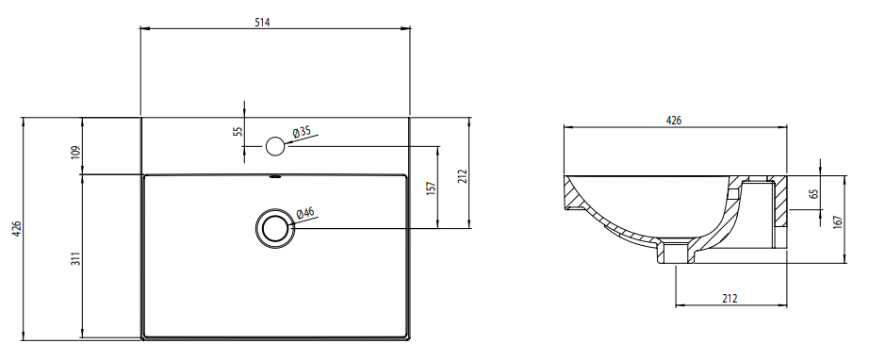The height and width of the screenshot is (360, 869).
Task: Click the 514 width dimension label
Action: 263,23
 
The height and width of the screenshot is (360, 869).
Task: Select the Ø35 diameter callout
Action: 302,132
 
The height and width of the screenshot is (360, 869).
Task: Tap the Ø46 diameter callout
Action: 305,213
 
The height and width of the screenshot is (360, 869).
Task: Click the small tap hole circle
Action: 275,146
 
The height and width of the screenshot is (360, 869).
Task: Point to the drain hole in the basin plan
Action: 275,228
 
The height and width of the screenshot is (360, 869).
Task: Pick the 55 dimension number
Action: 238,132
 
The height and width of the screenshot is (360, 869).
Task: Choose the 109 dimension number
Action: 76,152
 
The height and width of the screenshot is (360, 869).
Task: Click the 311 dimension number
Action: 76,258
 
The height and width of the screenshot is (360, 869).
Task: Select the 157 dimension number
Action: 432,188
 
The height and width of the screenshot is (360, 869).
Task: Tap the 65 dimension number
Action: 813,194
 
